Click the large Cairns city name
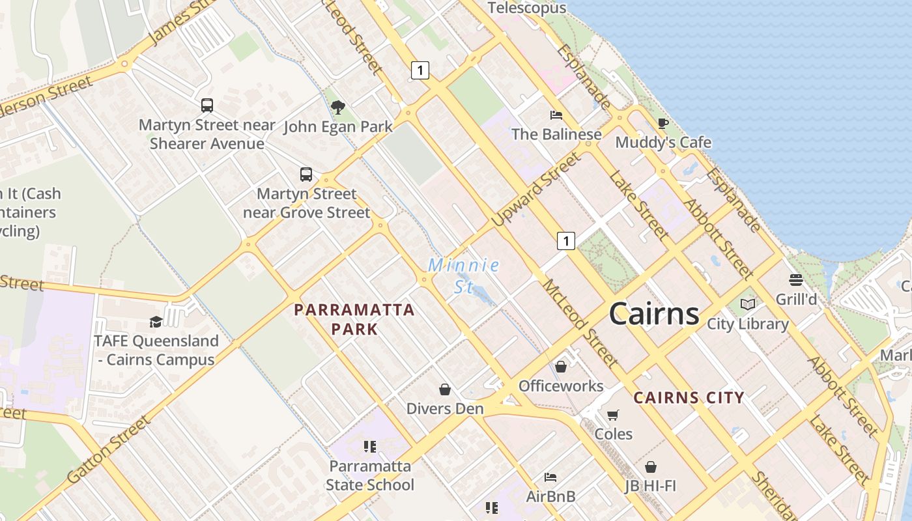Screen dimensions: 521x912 click(654, 314)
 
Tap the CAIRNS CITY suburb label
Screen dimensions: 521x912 click(689, 397)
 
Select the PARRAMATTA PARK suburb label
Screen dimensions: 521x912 click(354, 319)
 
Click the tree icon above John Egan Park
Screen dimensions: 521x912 click(337, 107)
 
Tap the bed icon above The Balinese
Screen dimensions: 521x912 click(556, 115)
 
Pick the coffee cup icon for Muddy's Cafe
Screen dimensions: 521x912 click(663, 123)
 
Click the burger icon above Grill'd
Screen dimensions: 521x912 click(795, 280)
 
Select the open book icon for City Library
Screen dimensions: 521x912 click(748, 304)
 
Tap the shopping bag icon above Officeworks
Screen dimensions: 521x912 click(561, 367)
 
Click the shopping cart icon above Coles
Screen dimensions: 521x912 click(612, 415)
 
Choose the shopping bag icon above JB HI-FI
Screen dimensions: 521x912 click(650, 467)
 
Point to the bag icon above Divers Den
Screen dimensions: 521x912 click(445, 389)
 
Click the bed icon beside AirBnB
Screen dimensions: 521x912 click(550, 477)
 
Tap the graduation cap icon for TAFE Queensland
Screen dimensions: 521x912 click(156, 322)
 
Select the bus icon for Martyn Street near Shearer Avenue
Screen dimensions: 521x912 click(207, 105)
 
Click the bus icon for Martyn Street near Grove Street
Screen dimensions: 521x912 click(306, 175)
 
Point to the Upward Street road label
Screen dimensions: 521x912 click(536, 190)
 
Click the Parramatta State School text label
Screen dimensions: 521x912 click(370, 475)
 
